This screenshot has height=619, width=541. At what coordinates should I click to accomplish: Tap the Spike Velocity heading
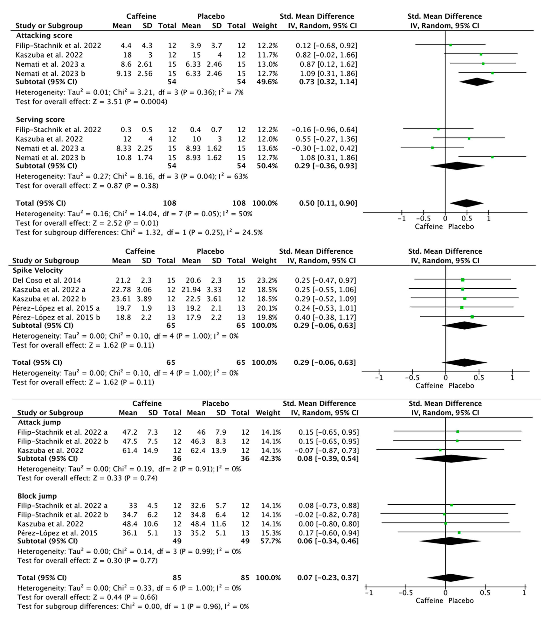coord(38,270)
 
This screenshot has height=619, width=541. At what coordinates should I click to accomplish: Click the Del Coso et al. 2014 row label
coord(47,280)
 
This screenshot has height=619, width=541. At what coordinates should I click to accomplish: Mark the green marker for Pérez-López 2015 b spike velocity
coord(472,317)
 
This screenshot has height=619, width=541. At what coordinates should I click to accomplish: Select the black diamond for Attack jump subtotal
coord(451,458)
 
